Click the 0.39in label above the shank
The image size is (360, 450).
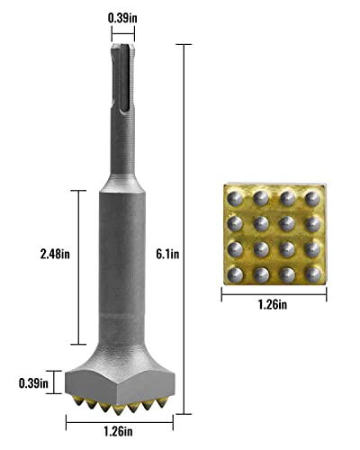point(123,16)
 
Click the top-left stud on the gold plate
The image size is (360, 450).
point(236,197)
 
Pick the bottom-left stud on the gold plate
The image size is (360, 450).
point(236,272)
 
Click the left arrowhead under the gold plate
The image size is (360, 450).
point(223,292)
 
